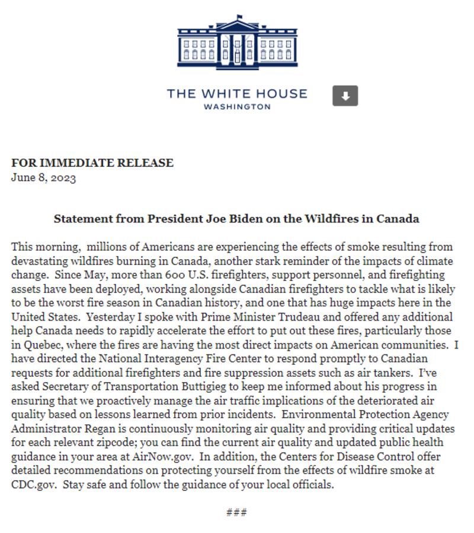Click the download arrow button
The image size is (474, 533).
tap(345, 96)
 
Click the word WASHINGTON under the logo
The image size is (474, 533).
tap(237, 107)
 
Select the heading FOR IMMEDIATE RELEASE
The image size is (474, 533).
tap(92, 163)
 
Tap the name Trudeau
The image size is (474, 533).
tap(298, 317)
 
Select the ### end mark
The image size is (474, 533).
tap(236, 512)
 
